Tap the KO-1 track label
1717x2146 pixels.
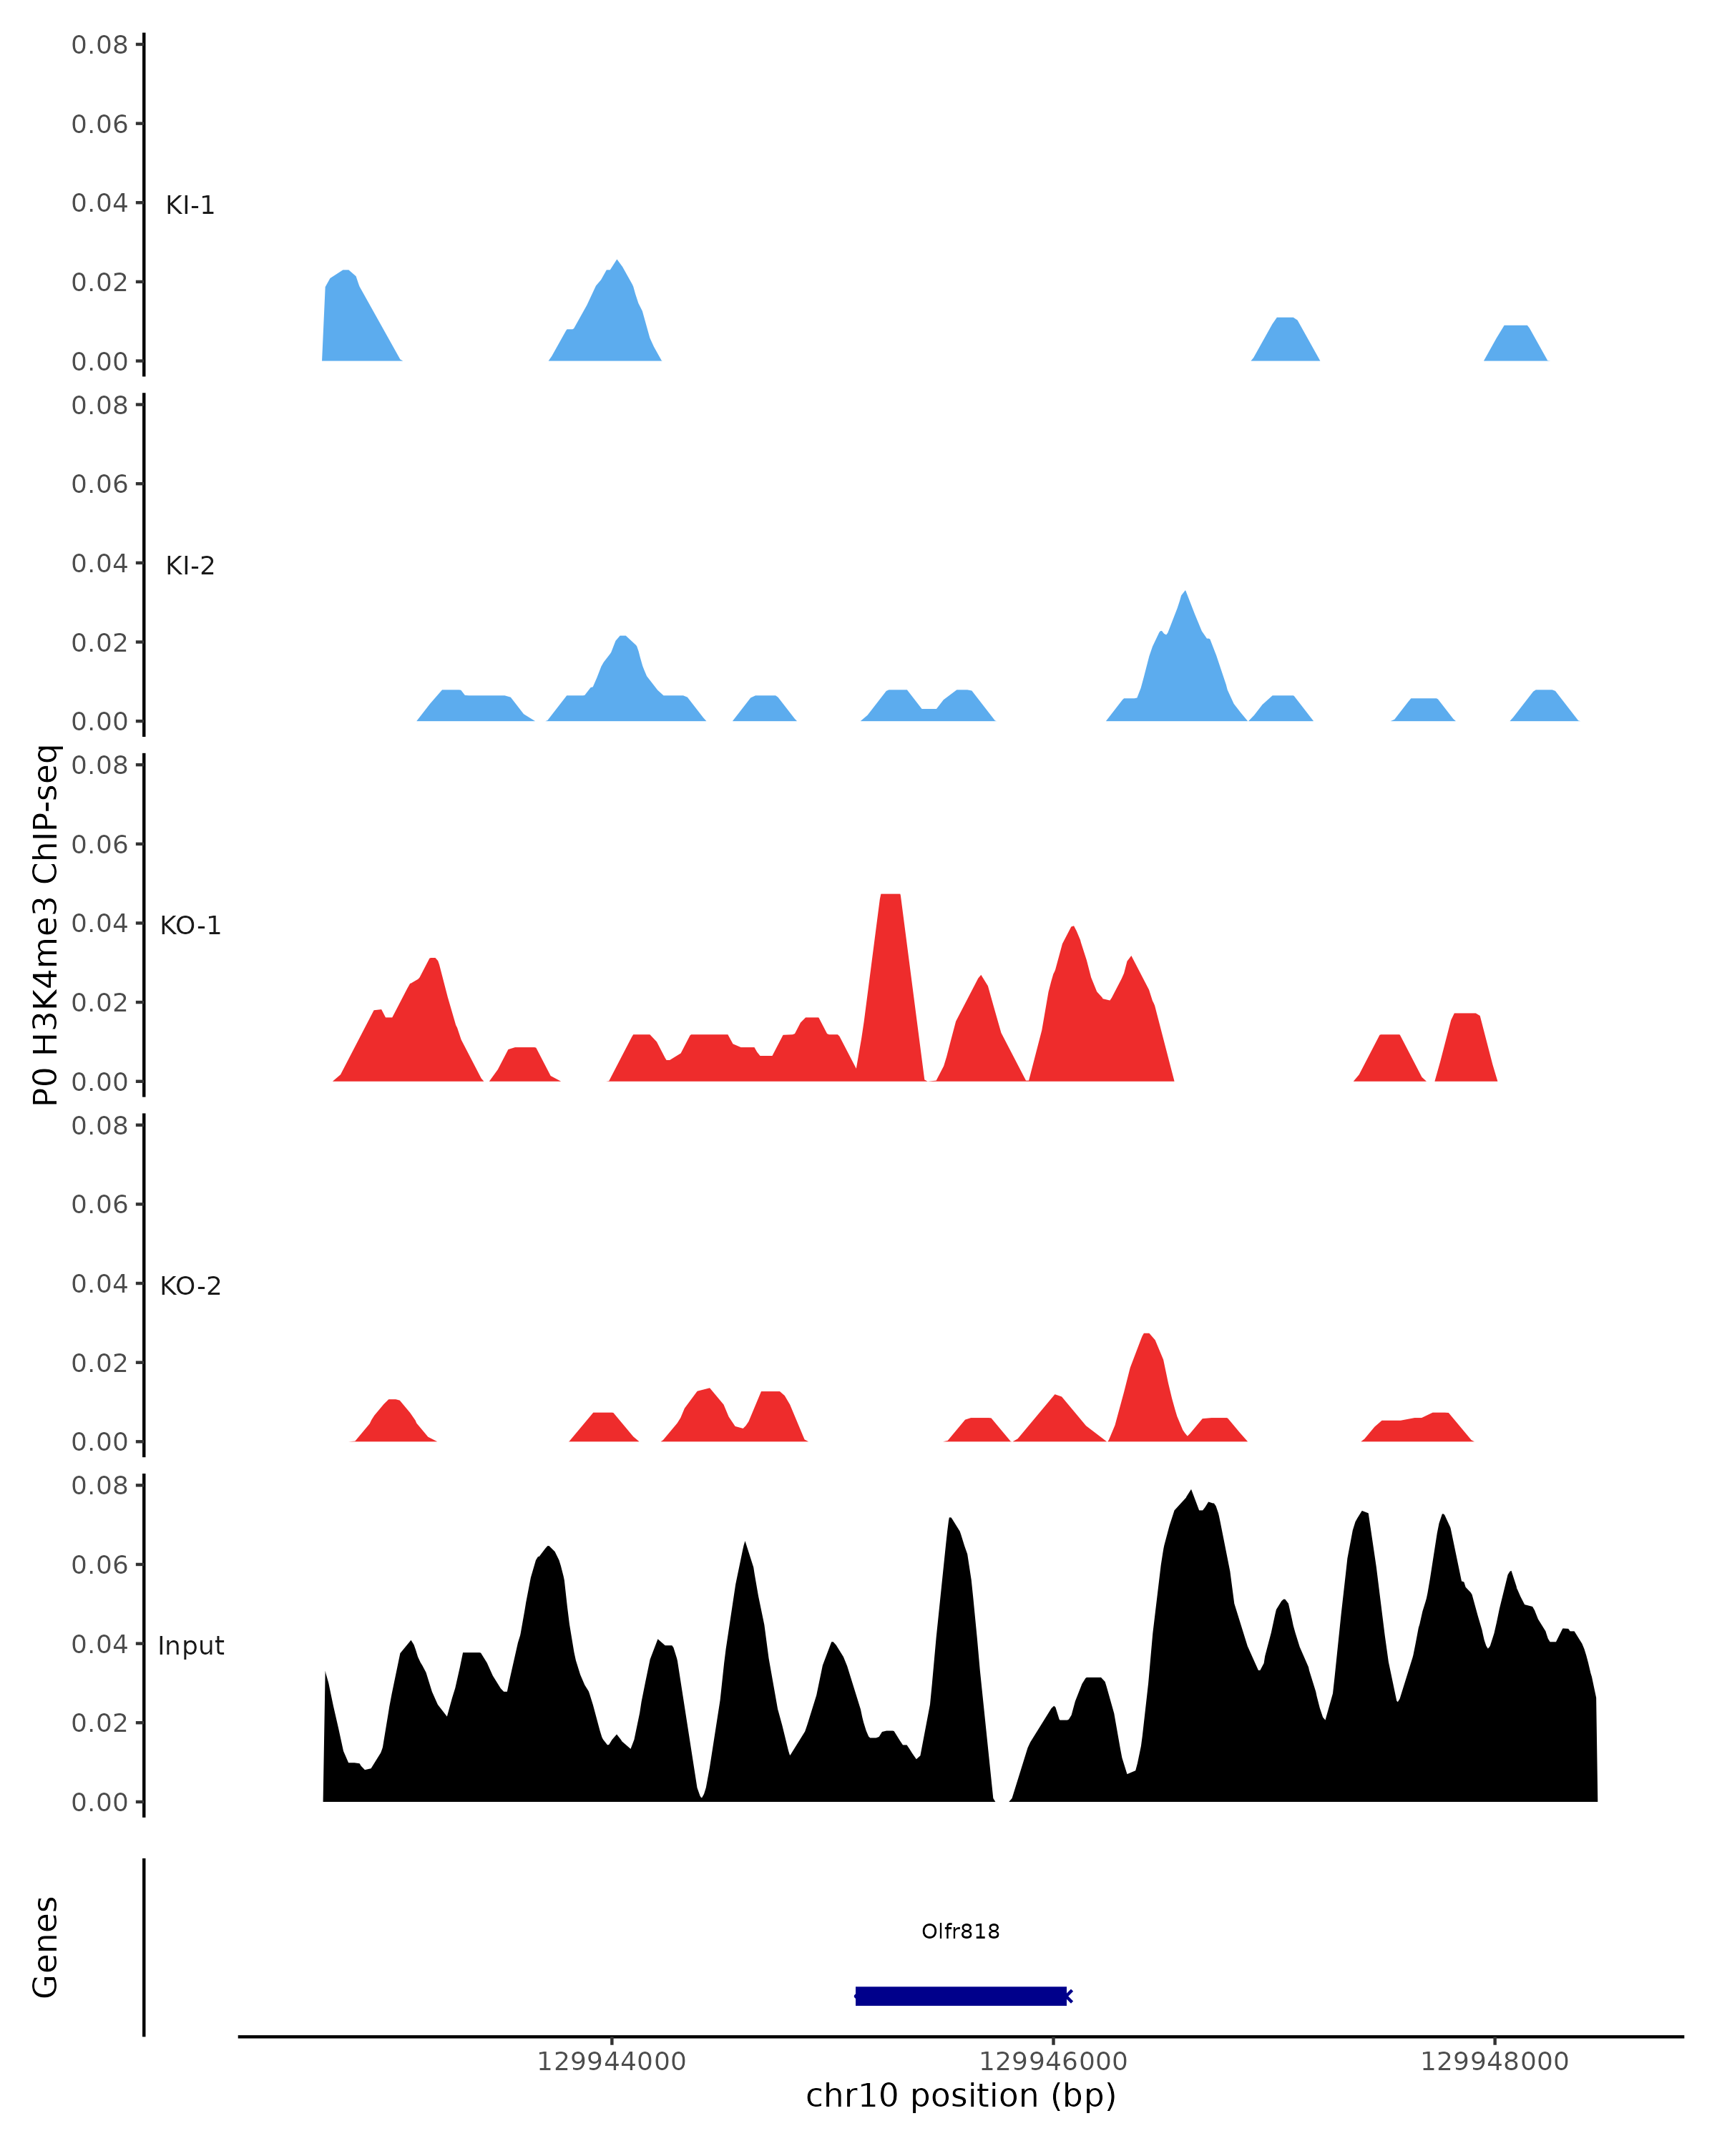coord(190,926)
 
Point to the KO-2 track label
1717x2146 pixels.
coord(190,1286)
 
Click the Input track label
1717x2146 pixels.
coord(190,1645)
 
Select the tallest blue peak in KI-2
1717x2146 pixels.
coord(1183,657)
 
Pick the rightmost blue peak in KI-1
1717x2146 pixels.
coord(1515,343)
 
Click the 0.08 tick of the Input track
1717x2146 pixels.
coord(99,1486)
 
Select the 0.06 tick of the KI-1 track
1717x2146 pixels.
coord(99,124)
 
